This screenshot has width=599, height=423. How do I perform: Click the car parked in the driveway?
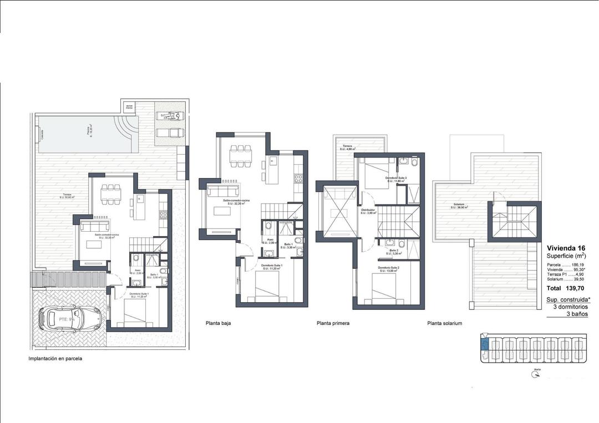(x=69, y=319)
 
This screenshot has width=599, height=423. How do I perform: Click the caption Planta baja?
(x=218, y=323)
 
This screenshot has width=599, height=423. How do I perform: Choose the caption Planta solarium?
(x=444, y=323)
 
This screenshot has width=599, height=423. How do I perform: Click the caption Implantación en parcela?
(x=55, y=359)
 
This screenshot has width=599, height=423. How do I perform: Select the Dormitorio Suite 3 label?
(x=396, y=179)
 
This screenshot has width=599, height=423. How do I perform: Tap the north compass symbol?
(x=536, y=374)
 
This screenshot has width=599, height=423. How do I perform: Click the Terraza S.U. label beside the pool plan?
(x=68, y=195)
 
